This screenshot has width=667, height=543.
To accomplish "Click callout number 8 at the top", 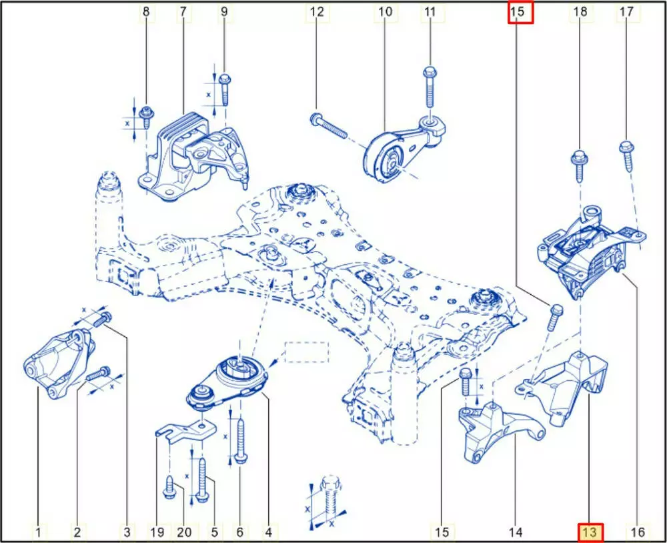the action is point(146,11).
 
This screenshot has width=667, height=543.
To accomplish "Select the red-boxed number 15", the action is point(520,11).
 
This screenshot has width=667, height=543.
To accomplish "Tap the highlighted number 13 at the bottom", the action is point(590,532).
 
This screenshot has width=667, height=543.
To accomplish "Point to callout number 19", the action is point(157,532).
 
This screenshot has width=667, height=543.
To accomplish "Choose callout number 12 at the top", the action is point(316,11).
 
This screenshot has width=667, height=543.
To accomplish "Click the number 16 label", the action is point(637,532).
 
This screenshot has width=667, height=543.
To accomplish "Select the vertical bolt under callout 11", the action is point(430,87).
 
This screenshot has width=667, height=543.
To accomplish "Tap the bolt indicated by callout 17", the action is point(627,155).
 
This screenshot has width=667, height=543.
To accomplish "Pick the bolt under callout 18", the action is point(580,166).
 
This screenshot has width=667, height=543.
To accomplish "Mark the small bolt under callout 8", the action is point(146,117).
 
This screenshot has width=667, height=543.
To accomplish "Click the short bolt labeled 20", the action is point(169,488).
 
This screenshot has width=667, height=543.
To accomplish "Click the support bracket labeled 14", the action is point(500,432).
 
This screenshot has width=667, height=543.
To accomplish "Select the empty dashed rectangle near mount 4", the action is point(306,352).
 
